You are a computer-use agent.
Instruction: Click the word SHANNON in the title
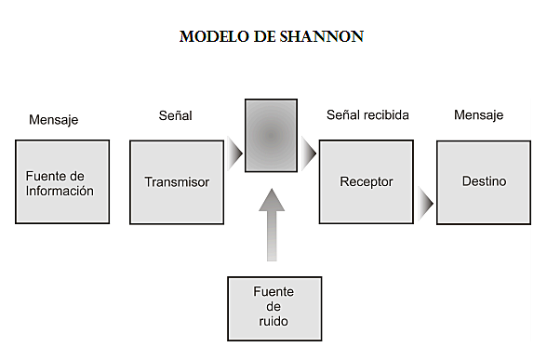(x=327, y=37)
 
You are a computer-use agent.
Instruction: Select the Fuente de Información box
(x=61, y=181)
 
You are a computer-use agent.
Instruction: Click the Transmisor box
(x=177, y=182)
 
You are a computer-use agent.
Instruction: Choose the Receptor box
(x=367, y=182)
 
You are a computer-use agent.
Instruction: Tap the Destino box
(x=484, y=182)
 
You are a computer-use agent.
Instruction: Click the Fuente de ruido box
(x=274, y=307)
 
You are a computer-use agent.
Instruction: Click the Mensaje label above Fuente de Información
(x=54, y=120)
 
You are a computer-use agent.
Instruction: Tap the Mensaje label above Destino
(x=478, y=115)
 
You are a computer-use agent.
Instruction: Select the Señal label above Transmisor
(x=175, y=115)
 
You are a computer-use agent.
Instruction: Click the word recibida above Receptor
(x=386, y=115)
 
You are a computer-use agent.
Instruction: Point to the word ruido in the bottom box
(x=273, y=321)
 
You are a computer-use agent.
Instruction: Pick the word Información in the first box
(x=60, y=191)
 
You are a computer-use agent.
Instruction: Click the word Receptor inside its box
(x=367, y=182)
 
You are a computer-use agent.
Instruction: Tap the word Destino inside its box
(x=484, y=182)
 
